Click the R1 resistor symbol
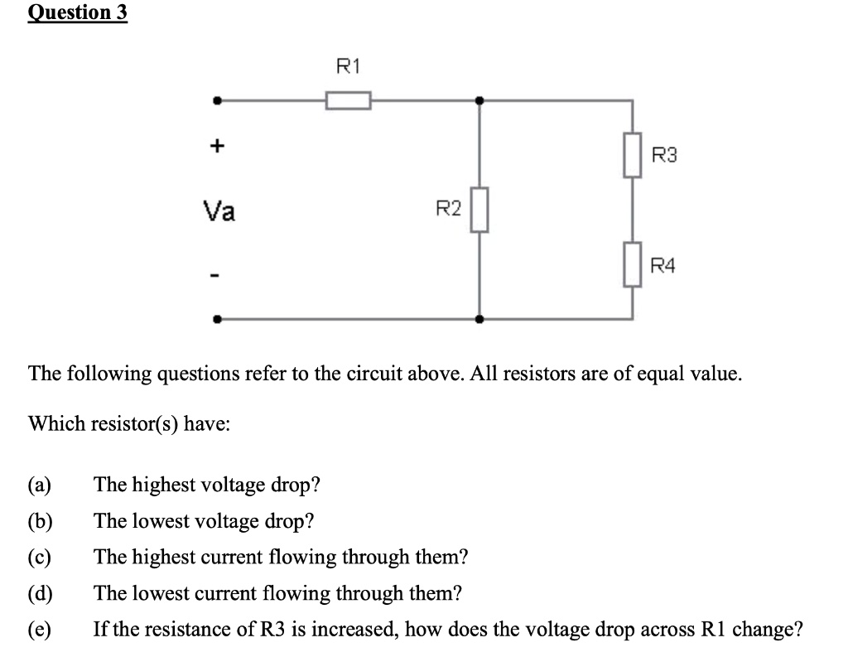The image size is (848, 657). [x=348, y=101]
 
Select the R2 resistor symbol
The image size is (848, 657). [x=479, y=210]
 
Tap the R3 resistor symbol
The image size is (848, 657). [x=633, y=155]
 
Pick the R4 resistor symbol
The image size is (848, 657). [x=633, y=265]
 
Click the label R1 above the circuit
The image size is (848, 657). [x=348, y=65]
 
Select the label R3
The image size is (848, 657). [x=664, y=155]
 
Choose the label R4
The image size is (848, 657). [x=664, y=266]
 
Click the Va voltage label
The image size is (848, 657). [x=219, y=212]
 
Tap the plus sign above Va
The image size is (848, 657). [x=216, y=147]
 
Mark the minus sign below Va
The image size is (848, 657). [x=216, y=274]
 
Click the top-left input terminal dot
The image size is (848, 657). [x=217, y=101]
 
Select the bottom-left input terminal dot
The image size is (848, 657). [x=217, y=318]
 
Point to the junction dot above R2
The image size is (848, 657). [x=479, y=101]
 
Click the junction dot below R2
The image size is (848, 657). [x=479, y=318]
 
